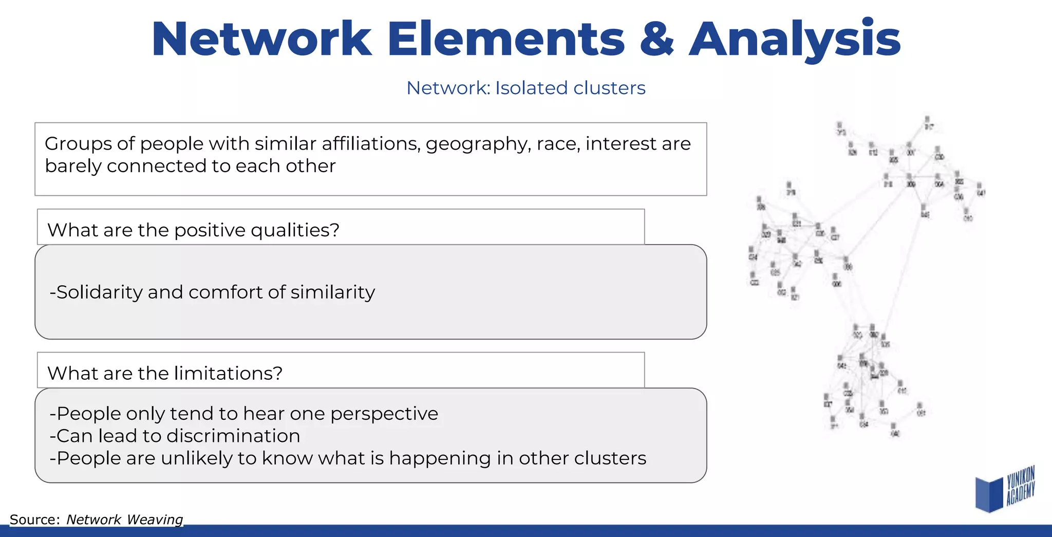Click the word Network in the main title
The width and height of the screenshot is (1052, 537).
261,40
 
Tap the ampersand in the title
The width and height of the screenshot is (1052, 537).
656,40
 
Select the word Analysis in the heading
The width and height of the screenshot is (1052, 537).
794,40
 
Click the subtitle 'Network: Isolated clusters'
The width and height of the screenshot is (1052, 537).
525,88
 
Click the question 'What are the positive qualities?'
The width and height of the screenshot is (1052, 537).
193,230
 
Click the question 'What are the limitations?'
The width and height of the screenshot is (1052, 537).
165,373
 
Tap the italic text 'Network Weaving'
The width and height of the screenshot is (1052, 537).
124,520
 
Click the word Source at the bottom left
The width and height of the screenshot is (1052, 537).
34,520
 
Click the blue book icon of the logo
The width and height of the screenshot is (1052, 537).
989,494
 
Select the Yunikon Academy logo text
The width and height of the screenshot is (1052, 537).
1020,486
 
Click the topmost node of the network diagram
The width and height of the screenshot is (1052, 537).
927,120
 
